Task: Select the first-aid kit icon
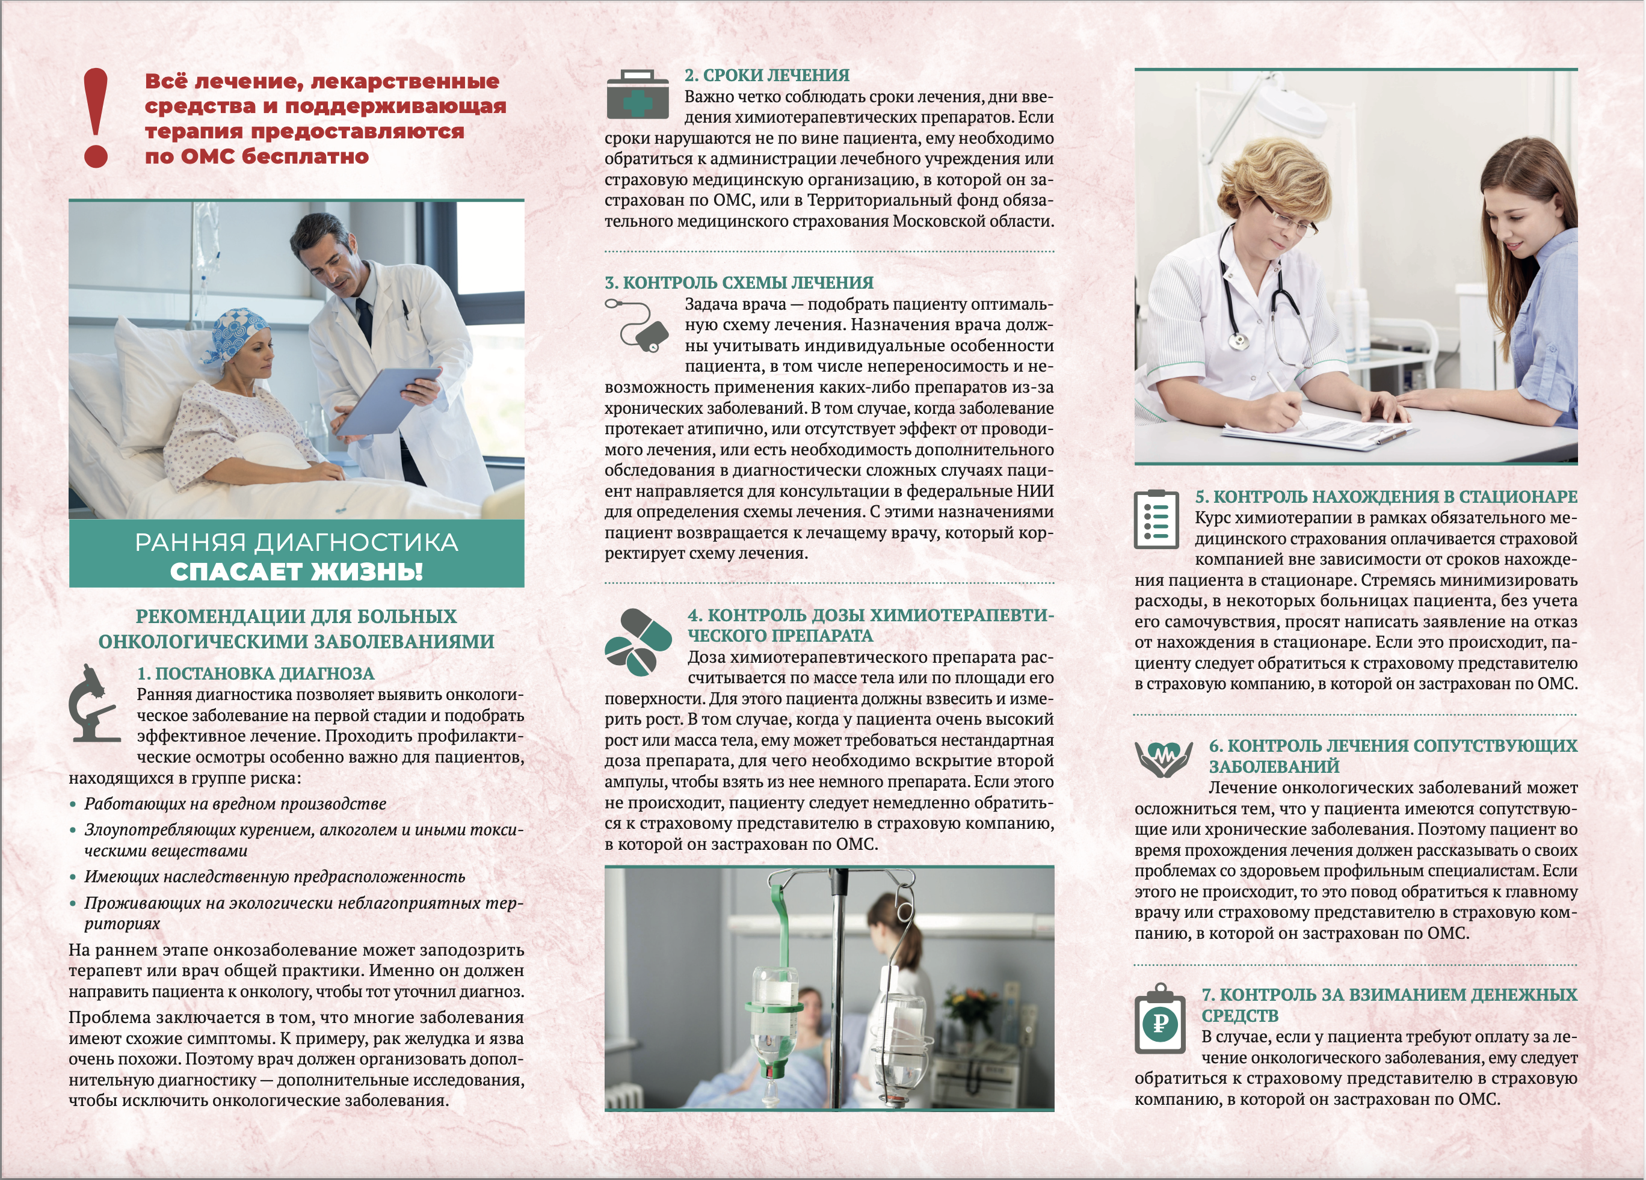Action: click(x=637, y=95)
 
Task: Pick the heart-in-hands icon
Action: click(x=1164, y=758)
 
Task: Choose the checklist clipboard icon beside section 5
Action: click(x=1156, y=520)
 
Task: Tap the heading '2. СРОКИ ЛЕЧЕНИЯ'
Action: click(x=766, y=75)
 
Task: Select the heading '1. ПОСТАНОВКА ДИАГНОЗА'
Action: click(x=256, y=674)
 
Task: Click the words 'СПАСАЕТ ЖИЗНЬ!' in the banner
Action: click(x=296, y=572)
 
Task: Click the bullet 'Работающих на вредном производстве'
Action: click(x=235, y=804)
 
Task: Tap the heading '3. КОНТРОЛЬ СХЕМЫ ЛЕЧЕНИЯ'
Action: click(x=739, y=282)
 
